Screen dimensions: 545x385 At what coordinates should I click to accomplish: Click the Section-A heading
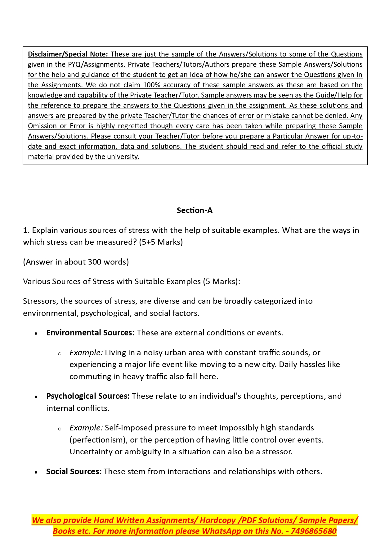195,211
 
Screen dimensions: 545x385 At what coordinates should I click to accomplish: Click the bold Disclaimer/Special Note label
68,54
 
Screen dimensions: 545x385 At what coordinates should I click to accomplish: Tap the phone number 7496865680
314,531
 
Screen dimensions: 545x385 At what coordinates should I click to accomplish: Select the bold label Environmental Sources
90,333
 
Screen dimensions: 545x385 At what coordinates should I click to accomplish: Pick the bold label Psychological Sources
88,396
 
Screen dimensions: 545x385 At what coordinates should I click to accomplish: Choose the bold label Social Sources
74,472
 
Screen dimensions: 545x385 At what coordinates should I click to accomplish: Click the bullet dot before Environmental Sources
36,334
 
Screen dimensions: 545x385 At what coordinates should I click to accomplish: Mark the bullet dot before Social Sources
36,472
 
